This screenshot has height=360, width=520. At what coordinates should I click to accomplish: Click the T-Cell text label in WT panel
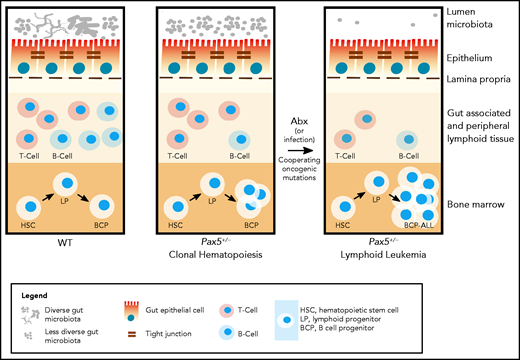pyautogui.click(x=33, y=159)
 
